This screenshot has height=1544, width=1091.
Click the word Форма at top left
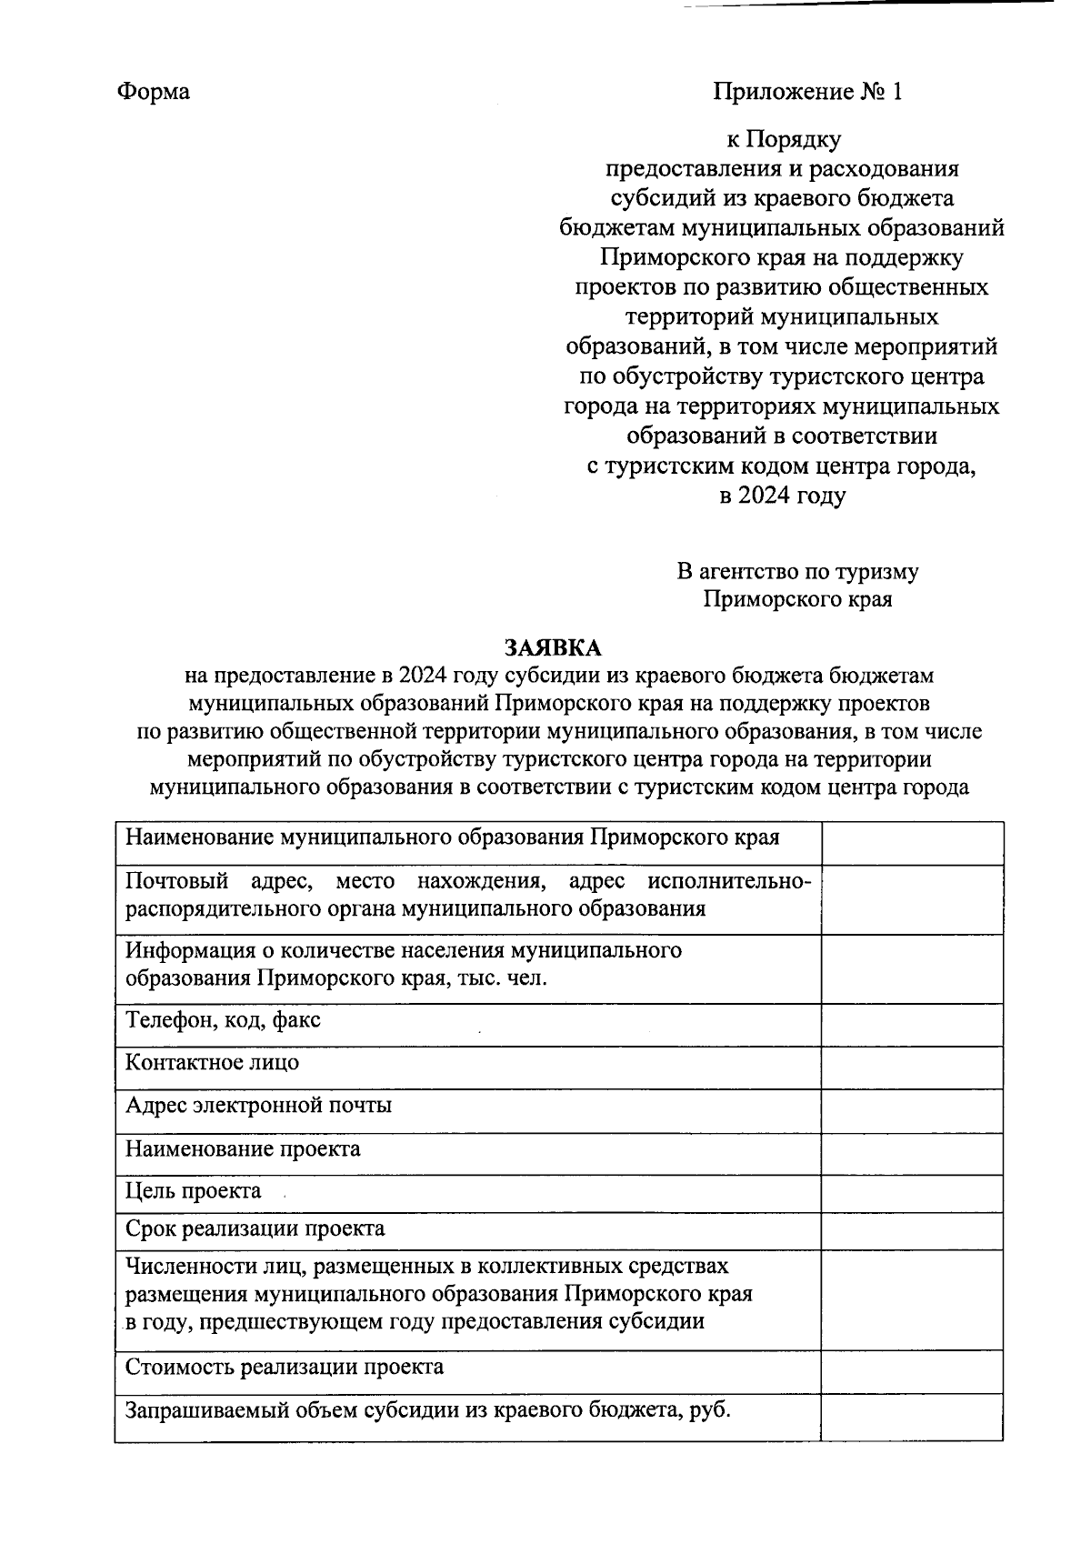(154, 92)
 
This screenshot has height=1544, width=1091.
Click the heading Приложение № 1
(807, 92)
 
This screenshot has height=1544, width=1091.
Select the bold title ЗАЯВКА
(554, 647)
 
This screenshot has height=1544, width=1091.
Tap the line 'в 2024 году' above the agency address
(782, 496)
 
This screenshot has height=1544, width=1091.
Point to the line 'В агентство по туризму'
(797, 571)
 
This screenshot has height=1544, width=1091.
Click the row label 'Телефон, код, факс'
(223, 1020)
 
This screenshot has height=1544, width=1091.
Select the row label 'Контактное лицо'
(212, 1062)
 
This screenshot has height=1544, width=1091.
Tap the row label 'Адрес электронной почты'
(258, 1106)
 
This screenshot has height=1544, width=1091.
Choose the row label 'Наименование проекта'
(243, 1149)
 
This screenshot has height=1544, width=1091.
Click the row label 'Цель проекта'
(194, 1191)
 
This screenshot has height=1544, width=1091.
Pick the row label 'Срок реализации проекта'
(255, 1229)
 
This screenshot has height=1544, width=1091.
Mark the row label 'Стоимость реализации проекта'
(285, 1367)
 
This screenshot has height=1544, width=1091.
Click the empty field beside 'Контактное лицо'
(912, 1068)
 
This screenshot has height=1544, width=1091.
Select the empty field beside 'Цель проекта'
(912, 1194)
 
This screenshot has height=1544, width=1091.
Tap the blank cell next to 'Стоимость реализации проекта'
(912, 1372)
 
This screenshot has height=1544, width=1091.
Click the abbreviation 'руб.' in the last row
(710, 1410)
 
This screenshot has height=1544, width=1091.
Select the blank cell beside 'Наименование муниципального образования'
(912, 843)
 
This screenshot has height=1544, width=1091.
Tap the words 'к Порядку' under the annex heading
(783, 139)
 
